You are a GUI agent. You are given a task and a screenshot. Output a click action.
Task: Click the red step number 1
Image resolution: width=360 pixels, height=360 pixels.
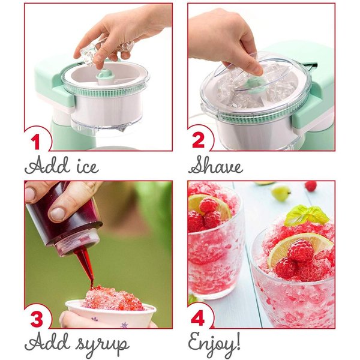(x=36, y=142)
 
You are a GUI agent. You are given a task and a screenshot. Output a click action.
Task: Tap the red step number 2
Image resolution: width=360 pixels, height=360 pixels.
(x=199, y=140)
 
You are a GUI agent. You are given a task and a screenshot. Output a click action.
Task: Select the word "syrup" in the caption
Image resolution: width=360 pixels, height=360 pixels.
(x=103, y=345)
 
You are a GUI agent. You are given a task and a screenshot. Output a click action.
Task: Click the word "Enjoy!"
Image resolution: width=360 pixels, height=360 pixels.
(x=214, y=343)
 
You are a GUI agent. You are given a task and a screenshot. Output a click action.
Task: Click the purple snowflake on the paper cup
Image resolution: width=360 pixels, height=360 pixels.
(x=125, y=325)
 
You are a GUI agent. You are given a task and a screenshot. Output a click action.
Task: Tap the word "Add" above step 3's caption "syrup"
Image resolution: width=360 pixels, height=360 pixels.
(x=46, y=341)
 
